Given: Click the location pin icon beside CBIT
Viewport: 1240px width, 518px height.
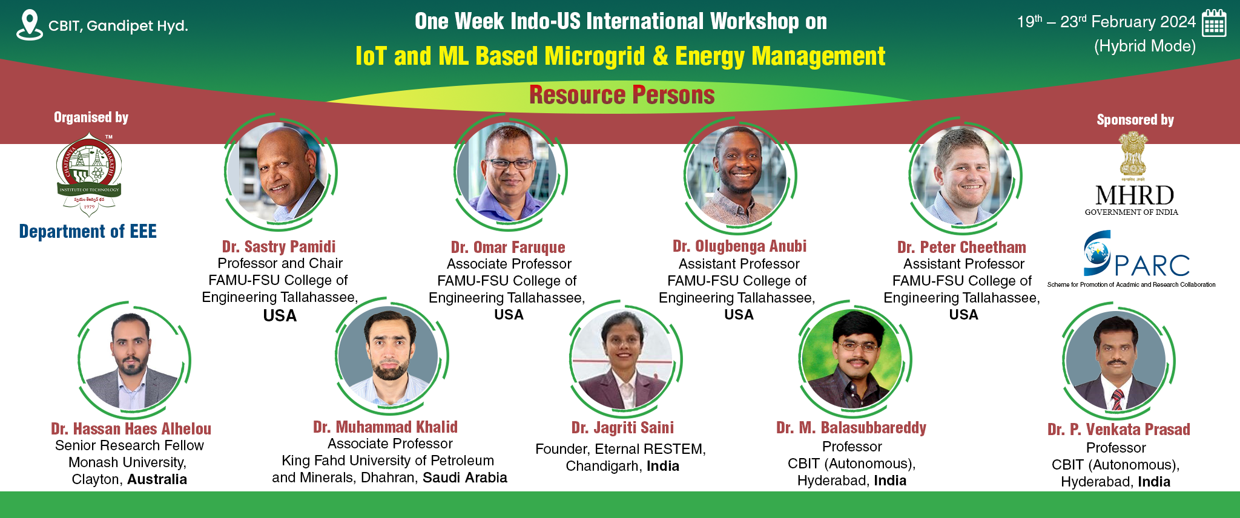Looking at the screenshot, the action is point(29,25).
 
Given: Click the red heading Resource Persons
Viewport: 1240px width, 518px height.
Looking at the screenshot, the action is point(622,95).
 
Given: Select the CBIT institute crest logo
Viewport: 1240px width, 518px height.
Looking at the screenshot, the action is point(89,175).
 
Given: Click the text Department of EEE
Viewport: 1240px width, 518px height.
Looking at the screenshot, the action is point(88,231).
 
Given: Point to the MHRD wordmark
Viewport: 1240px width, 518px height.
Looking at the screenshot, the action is point(1135,195).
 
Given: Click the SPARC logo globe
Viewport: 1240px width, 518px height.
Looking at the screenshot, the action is point(1097,253).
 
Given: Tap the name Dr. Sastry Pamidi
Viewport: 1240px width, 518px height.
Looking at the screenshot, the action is point(279,246).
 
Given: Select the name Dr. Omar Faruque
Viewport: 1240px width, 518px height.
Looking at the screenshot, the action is point(508,247).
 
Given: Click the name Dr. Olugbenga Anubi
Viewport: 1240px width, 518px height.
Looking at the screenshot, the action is point(739,246).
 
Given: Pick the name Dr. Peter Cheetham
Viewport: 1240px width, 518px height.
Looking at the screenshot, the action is point(961,247).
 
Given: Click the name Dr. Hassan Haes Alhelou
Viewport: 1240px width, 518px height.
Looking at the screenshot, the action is point(131,428).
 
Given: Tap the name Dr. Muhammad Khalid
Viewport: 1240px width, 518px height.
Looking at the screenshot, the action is point(385,427).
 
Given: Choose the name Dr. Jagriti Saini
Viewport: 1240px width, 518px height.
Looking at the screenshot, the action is point(622,427).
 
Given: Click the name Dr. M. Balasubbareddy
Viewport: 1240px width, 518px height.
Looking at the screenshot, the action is point(851,427).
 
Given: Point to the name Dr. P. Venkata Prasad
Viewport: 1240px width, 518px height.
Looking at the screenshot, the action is point(1119,429).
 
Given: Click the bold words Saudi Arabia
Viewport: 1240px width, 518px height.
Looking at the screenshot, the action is point(465,477).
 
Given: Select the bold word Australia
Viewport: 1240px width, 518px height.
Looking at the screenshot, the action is point(157,479).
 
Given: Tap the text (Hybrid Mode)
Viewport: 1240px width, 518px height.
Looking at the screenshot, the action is point(1145,47).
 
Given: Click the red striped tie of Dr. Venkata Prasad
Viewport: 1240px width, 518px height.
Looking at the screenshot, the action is point(1118,399).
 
